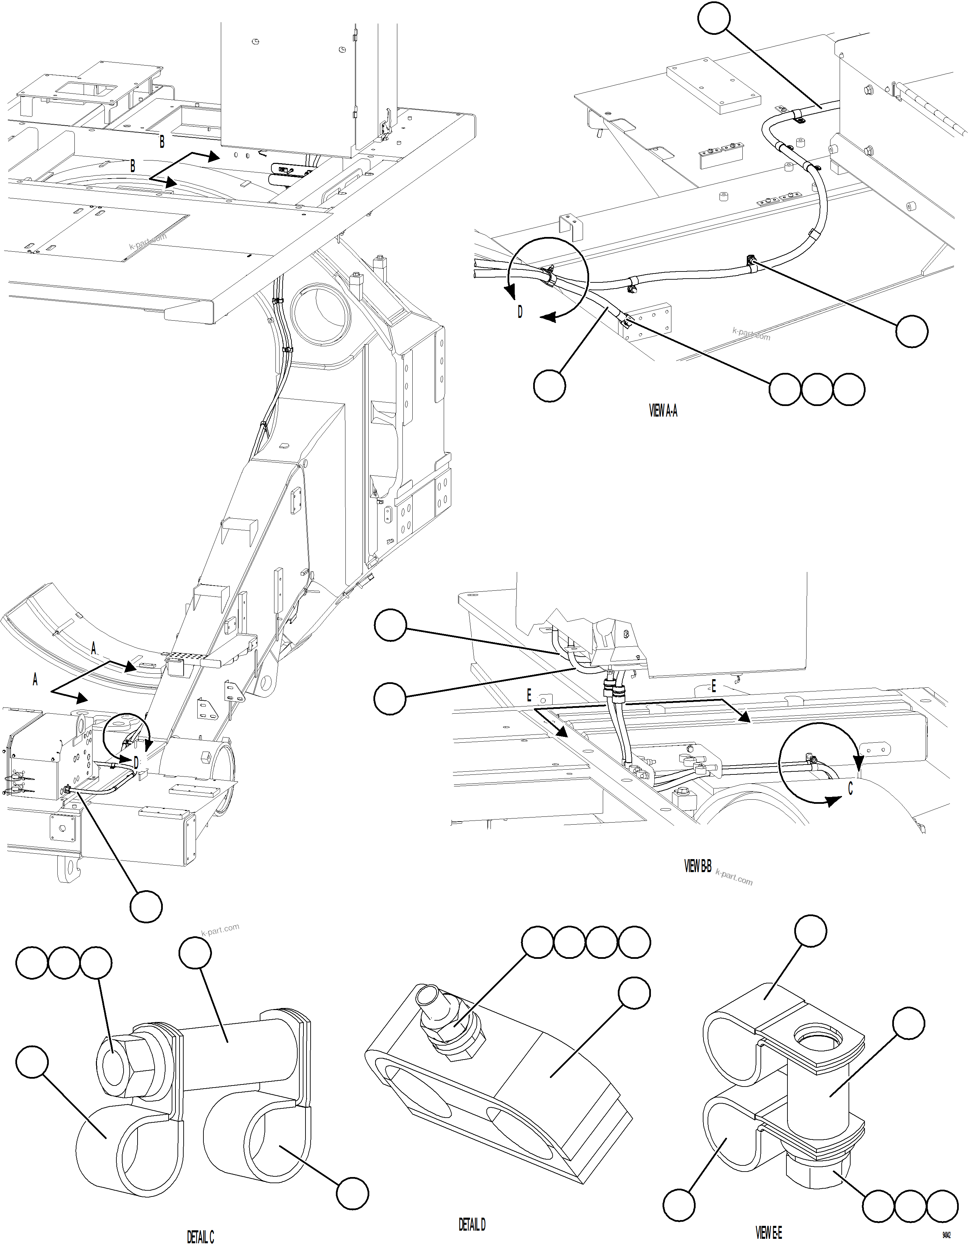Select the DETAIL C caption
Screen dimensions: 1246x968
[200, 1236]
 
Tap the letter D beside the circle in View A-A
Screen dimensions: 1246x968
[519, 313]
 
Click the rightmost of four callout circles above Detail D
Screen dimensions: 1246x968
[634, 943]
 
